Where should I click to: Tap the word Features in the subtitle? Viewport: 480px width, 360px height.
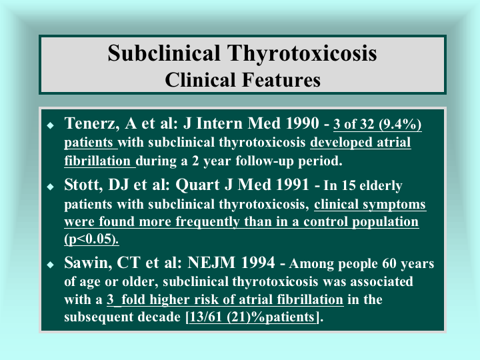click(281, 80)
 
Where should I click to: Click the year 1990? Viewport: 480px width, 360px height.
click(303, 123)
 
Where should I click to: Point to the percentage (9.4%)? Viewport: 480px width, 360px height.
click(400, 124)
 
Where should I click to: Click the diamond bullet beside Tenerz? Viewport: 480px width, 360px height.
click(51, 125)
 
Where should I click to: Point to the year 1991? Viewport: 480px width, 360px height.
click(292, 185)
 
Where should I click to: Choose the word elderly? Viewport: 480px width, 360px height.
click(381, 186)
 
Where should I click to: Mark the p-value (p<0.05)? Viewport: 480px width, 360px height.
click(91, 239)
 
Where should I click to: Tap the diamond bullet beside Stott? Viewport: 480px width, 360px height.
click(51, 187)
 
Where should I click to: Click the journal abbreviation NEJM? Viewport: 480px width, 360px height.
click(211, 263)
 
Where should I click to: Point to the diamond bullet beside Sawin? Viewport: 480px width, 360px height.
click(51, 265)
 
